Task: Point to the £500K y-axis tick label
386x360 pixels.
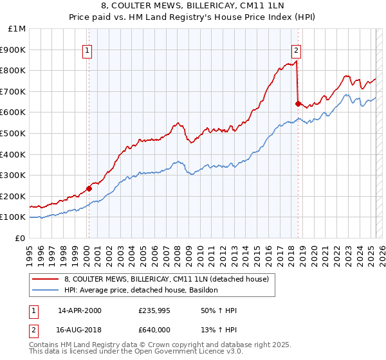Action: tap(14, 133)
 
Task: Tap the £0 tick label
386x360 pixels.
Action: tap(21, 238)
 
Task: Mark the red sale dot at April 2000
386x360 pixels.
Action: tap(89, 188)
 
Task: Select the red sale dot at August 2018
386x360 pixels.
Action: tap(298, 104)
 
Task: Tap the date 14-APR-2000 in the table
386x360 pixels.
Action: tap(80, 310)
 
